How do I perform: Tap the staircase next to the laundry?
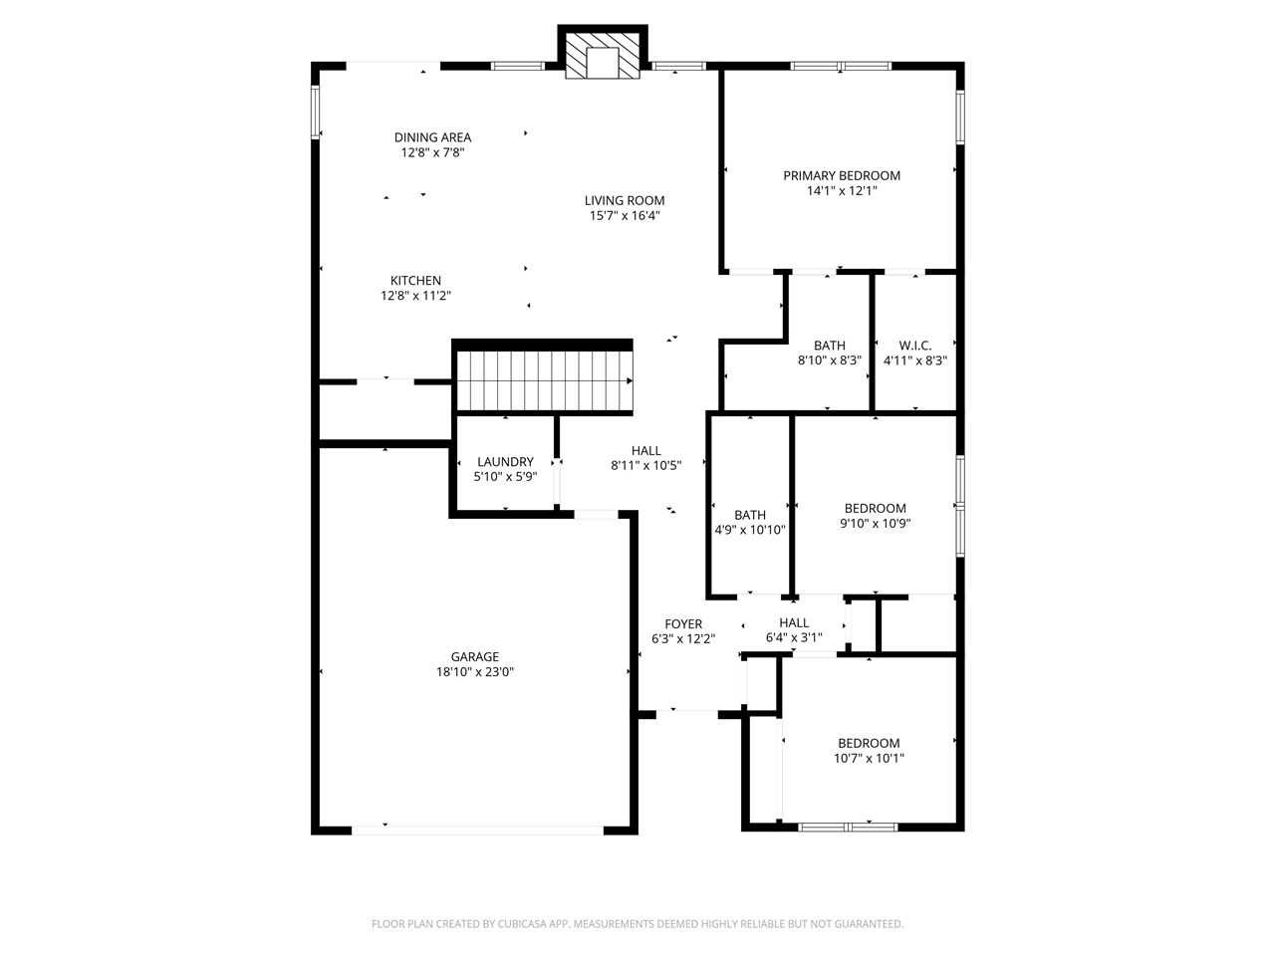point(544,379)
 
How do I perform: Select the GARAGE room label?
point(474,657)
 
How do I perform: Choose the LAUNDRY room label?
point(505,462)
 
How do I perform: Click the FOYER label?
point(683,625)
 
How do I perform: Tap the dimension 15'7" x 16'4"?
point(625,215)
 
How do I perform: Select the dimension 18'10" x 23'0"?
point(474,672)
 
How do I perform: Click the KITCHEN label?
point(415,281)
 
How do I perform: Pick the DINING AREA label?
point(432,138)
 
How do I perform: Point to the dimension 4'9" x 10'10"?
point(750,530)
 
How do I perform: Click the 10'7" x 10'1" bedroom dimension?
point(869,758)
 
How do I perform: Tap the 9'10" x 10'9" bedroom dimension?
point(876,523)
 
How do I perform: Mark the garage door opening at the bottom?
point(477,828)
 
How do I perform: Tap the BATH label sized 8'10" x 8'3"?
point(829,347)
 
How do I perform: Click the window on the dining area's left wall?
point(316,112)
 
